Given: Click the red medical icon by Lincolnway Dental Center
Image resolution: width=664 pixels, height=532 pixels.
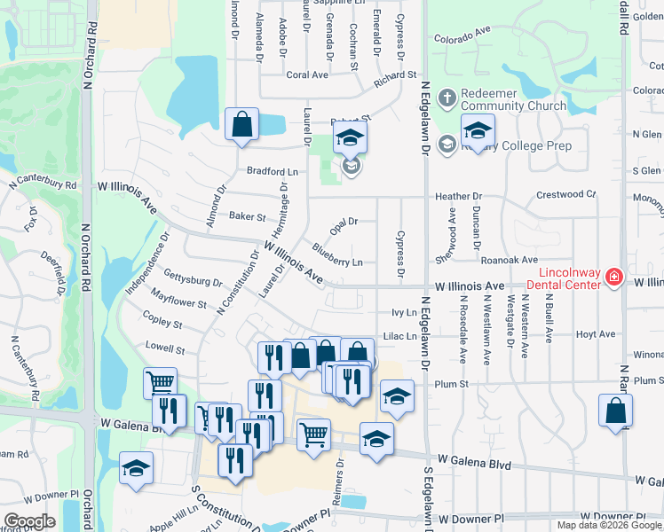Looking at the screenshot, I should coord(613,278).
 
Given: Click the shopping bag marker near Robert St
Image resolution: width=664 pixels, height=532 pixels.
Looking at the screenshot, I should coord(241,125).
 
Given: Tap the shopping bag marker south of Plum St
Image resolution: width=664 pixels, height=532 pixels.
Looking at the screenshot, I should coord(615,411).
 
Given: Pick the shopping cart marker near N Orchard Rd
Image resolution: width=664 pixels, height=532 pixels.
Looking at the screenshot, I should coord(160,383).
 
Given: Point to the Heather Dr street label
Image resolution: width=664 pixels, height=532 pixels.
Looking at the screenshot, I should coord(458,196).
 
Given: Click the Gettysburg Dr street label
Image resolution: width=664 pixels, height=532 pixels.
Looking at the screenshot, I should coord(193,277).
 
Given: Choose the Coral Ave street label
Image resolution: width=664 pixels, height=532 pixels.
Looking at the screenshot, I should coord(307,75).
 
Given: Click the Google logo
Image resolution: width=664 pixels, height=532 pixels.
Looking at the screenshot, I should coord(30,521).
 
